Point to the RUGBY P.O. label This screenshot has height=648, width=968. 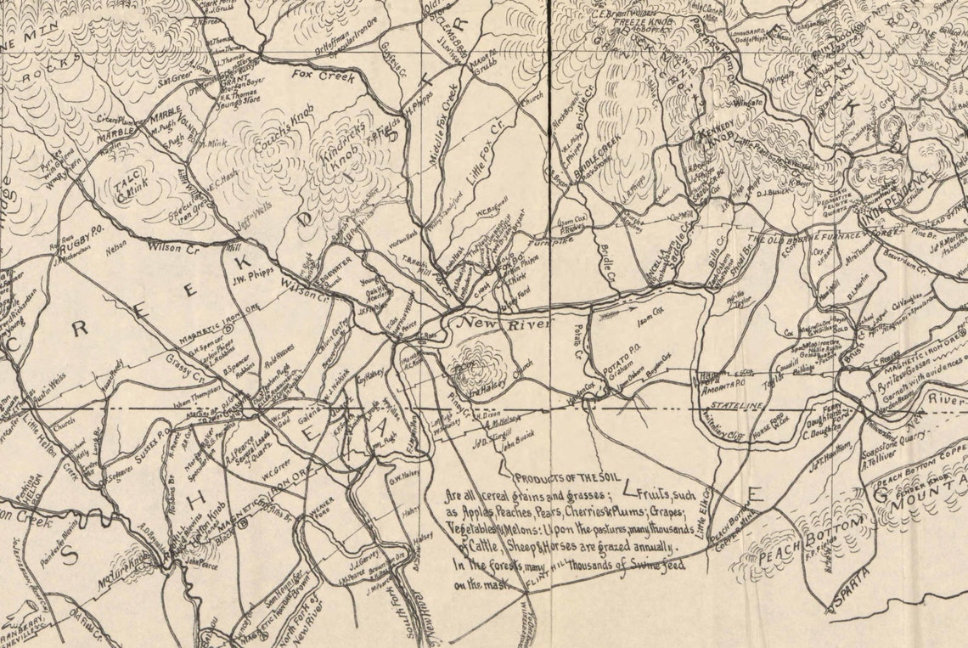point(82,245)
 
